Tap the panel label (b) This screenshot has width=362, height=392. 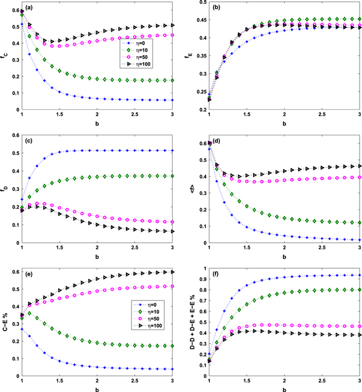tap(215, 9)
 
